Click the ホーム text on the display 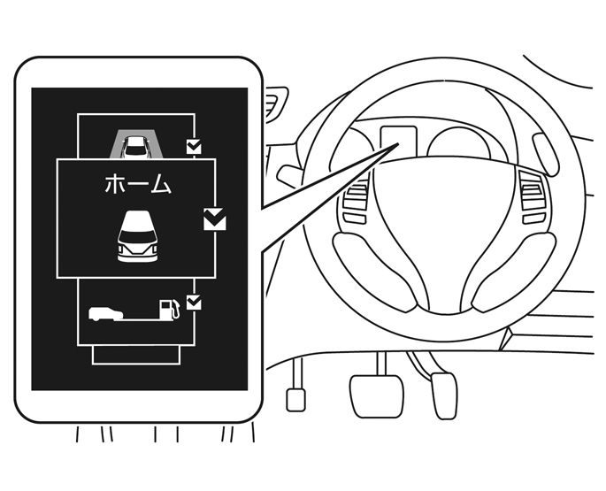point(138,184)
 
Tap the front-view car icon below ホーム point(138,236)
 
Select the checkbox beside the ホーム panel point(214,219)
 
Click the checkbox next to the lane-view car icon point(194,147)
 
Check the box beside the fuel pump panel point(194,303)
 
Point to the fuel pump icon point(170,309)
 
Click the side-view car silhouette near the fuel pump point(105,314)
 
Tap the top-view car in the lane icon point(134,147)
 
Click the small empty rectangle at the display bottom point(136,355)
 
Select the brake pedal point(376,395)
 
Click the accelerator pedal point(444,395)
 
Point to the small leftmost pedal point(295,400)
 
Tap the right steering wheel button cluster point(534,197)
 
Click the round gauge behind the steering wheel point(458,144)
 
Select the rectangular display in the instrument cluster point(398,140)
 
